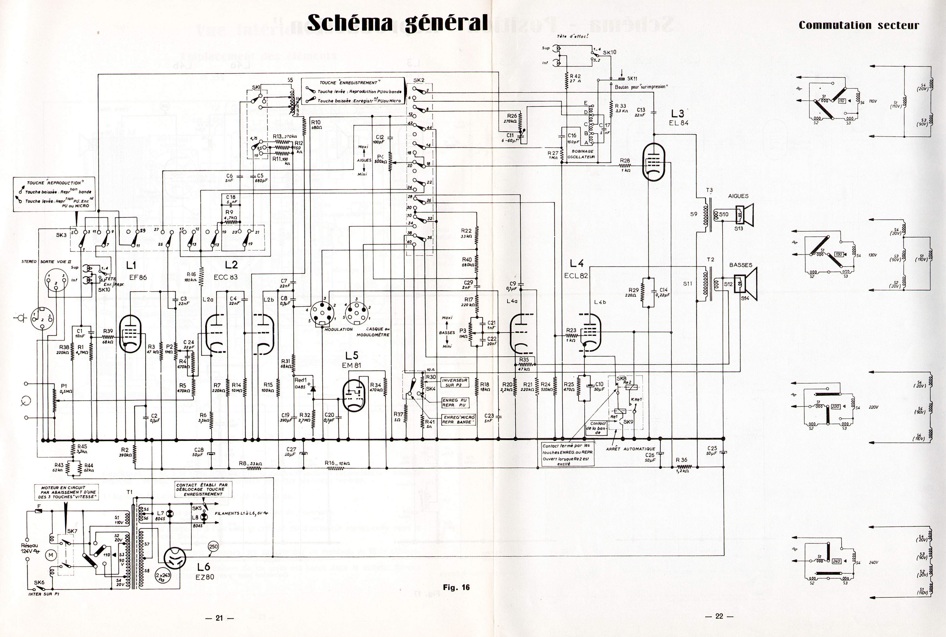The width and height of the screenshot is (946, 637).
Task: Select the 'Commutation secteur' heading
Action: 859,25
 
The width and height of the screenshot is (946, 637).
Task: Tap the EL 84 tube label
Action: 679,123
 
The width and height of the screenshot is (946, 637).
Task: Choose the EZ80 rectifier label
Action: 205,576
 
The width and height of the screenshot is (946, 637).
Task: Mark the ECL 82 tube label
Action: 576,276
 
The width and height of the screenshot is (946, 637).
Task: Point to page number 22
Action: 719,616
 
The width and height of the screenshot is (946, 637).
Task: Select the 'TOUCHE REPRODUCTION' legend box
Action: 54,194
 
